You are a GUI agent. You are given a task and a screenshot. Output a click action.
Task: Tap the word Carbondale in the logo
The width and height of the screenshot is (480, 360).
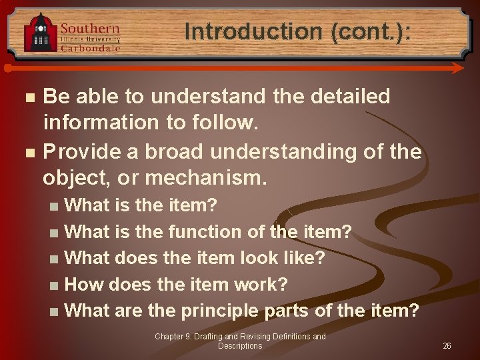click(x=90, y=48)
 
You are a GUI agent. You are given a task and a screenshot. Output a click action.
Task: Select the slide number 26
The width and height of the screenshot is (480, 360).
click(x=447, y=346)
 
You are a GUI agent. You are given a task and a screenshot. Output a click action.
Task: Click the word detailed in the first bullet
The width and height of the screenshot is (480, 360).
click(x=349, y=97)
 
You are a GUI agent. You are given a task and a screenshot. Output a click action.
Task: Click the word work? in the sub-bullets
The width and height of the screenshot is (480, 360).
click(x=261, y=284)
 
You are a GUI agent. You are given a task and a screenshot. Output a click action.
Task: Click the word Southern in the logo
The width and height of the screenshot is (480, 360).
click(x=90, y=28)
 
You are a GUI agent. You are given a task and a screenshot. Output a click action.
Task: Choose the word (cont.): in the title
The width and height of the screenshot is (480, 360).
click(x=366, y=31)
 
